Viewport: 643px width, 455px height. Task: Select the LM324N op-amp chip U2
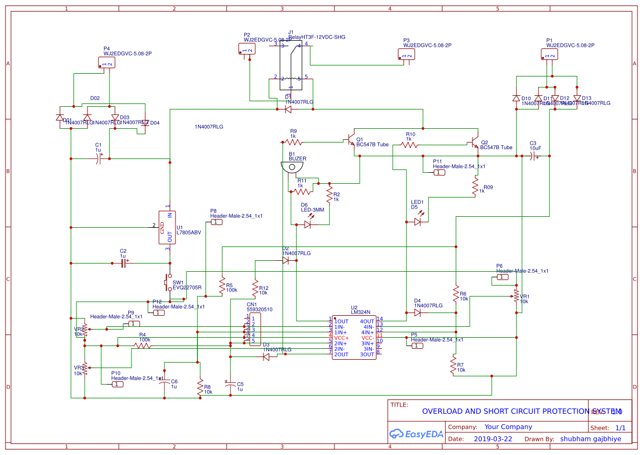(x=354, y=337)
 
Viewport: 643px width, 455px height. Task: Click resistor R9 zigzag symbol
(x=293, y=142)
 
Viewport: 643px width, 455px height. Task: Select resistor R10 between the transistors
(x=408, y=145)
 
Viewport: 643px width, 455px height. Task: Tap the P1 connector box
(x=549, y=54)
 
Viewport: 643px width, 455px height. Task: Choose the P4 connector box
(x=107, y=64)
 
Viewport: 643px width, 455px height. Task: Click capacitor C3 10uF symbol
(x=532, y=157)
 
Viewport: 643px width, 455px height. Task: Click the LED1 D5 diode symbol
(x=417, y=222)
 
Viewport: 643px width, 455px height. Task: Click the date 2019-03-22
(x=492, y=439)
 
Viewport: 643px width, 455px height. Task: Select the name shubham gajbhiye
(x=591, y=439)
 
